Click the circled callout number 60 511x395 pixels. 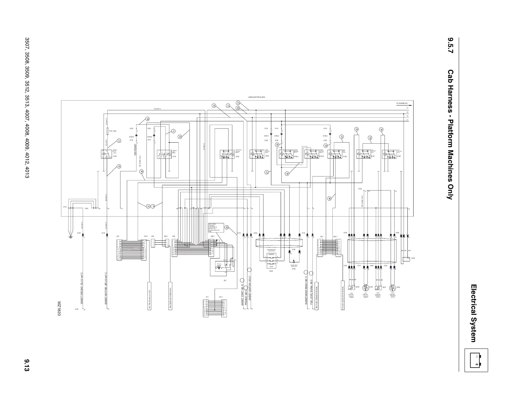point(147,119)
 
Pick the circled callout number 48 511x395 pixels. point(329,198)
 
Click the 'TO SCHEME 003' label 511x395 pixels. point(402,104)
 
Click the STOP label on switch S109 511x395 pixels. point(271,267)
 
